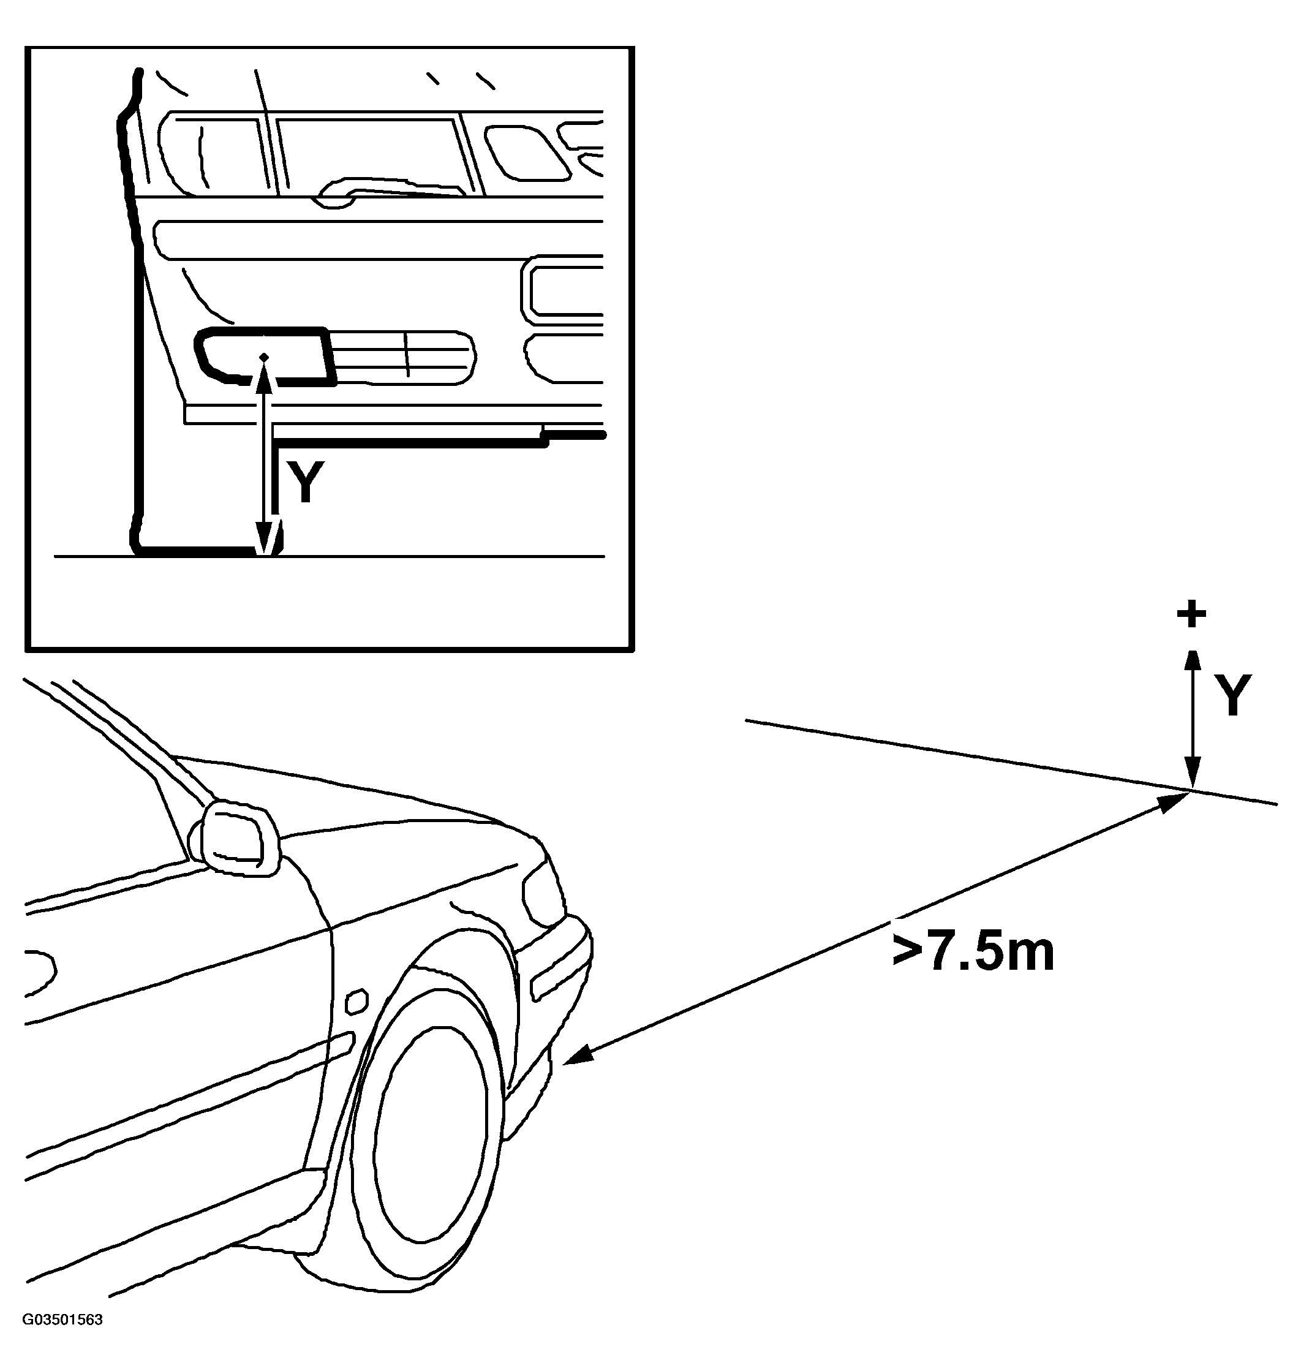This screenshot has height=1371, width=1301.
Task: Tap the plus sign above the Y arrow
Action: (x=1191, y=614)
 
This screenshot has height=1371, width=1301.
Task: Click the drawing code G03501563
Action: (x=62, y=1339)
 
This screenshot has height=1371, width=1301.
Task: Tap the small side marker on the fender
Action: (x=357, y=1003)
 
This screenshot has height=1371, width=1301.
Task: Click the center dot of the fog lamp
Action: (x=263, y=357)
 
